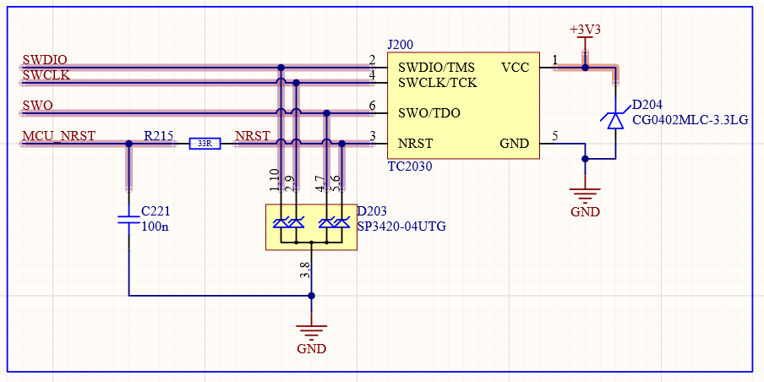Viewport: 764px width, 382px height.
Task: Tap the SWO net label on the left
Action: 37,106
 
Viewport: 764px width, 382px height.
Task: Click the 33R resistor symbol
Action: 205,144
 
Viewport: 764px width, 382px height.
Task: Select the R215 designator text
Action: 158,135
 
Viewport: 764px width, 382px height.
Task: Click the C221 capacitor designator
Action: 156,211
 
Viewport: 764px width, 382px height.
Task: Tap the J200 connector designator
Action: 400,43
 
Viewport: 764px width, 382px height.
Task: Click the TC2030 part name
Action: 410,166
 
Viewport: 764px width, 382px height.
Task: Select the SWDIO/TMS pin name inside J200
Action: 436,67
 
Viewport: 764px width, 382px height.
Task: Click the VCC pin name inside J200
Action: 515,67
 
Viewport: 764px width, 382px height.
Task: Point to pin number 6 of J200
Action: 372,106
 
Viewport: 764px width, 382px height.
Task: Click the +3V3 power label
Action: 585,29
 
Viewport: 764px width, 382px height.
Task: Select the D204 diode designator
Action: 647,105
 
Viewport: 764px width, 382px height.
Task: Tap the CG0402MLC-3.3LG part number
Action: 690,120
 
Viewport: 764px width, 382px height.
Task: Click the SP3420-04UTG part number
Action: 401,226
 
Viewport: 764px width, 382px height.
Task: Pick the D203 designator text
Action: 374,211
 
